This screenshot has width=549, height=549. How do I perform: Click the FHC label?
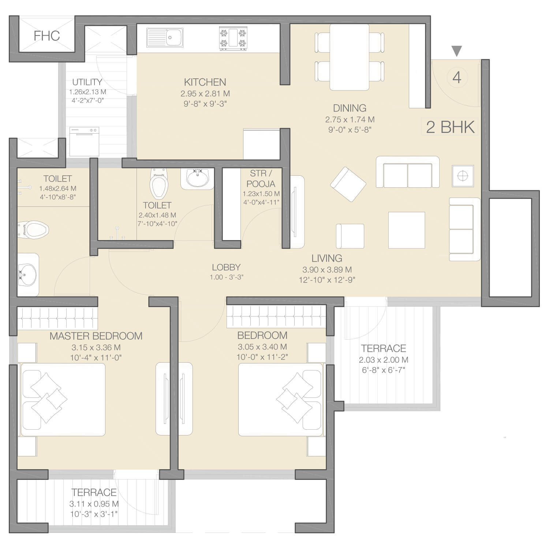pyautogui.click(x=46, y=36)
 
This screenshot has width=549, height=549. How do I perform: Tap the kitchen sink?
pyautogui.click(x=165, y=38)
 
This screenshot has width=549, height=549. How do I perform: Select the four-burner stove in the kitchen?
pyautogui.click(x=233, y=38)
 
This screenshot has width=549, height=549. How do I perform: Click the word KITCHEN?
pyautogui.click(x=205, y=82)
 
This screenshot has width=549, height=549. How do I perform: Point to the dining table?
pyautogui.click(x=350, y=57)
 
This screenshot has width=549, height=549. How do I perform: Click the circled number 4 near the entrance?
pyautogui.click(x=457, y=78)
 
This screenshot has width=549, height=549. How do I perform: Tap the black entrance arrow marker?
pyautogui.click(x=456, y=51)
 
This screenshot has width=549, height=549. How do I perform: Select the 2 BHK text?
pyautogui.click(x=451, y=127)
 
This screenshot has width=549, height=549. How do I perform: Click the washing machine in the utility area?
pyautogui.click(x=84, y=142)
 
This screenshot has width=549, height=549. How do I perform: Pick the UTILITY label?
pyautogui.click(x=87, y=82)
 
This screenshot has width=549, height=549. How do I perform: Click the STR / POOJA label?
pyautogui.click(x=261, y=179)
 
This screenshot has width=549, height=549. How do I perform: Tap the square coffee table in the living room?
pyautogui.click(x=407, y=230)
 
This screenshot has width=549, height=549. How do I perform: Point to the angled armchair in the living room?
pyautogui.click(x=348, y=184)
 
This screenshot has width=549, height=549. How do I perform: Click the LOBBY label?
pyautogui.click(x=226, y=267)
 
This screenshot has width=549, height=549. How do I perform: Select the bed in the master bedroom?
pyautogui.click(x=63, y=399)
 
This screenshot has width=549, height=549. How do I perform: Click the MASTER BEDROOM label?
pyautogui.click(x=96, y=336)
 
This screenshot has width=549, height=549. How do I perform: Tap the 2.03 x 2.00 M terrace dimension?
pyautogui.click(x=384, y=360)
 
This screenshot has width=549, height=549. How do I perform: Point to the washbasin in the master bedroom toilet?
pyautogui.click(x=28, y=275)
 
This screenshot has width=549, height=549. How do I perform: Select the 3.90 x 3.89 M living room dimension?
pyautogui.click(x=327, y=270)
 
